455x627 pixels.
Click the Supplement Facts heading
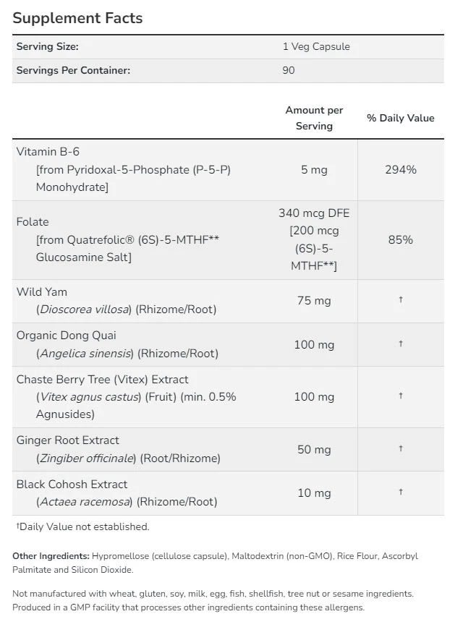pyautogui.click(x=77, y=18)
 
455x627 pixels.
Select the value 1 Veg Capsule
pyautogui.click(x=315, y=46)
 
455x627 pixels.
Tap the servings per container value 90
pyautogui.click(x=289, y=70)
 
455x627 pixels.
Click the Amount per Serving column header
pyautogui.click(x=314, y=118)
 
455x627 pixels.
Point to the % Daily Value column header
pyautogui.click(x=401, y=118)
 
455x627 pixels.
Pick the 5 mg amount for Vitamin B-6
pyautogui.click(x=314, y=169)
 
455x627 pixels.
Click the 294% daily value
pyautogui.click(x=401, y=169)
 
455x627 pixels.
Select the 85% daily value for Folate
pyautogui.click(x=401, y=239)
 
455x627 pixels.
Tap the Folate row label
pyautogui.click(x=33, y=222)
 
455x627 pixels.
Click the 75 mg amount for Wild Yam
pyautogui.click(x=314, y=301)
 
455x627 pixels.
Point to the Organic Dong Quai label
pyautogui.click(x=67, y=336)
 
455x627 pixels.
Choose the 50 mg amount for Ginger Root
pyautogui.click(x=314, y=449)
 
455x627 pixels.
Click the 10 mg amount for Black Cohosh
pyautogui.click(x=314, y=493)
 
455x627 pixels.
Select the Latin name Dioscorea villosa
pyautogui.click(x=84, y=310)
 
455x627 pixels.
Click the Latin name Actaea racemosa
pyautogui.click(x=84, y=502)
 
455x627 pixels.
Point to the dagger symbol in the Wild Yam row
pyautogui.click(x=401, y=300)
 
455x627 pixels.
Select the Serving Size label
pyautogui.click(x=48, y=46)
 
